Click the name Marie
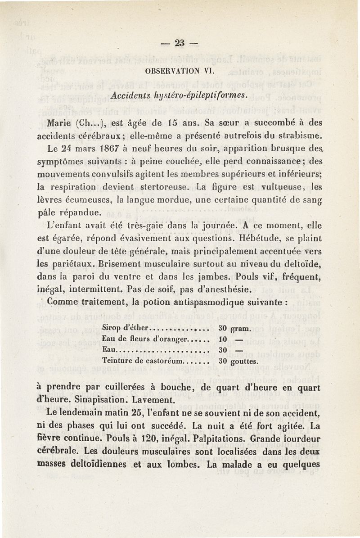tap(60, 122)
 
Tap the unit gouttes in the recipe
tap(246, 361)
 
